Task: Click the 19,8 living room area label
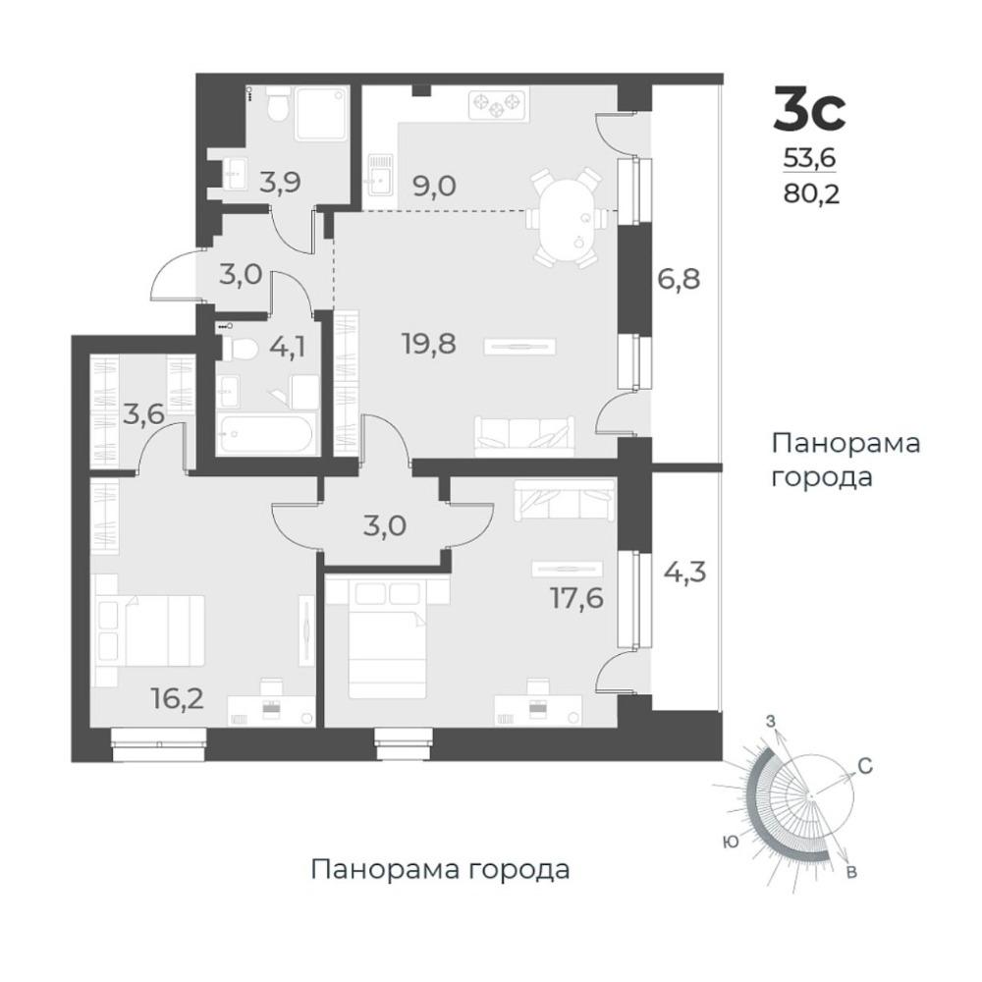click(429, 343)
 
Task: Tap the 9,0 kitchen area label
click(434, 186)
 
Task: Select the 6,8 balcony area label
click(679, 278)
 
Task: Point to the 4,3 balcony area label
click(684, 572)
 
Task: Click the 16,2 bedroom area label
click(179, 697)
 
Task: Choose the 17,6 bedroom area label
click(576, 597)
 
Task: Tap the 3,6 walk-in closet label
click(143, 414)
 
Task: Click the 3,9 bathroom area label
click(281, 183)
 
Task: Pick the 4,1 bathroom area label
click(288, 347)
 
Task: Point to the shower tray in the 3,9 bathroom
click(321, 113)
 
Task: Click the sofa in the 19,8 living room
click(524, 435)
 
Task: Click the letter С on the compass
click(865, 766)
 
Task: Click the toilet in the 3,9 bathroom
click(277, 106)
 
